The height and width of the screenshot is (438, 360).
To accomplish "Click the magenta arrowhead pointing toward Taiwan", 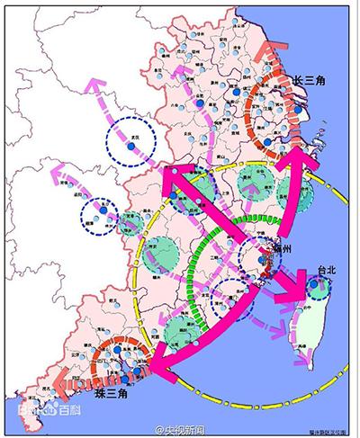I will pos(291,294).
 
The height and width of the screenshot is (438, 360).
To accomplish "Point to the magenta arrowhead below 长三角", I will pos(303,162).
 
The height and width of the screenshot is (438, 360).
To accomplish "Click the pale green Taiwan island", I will pos(311,328).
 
